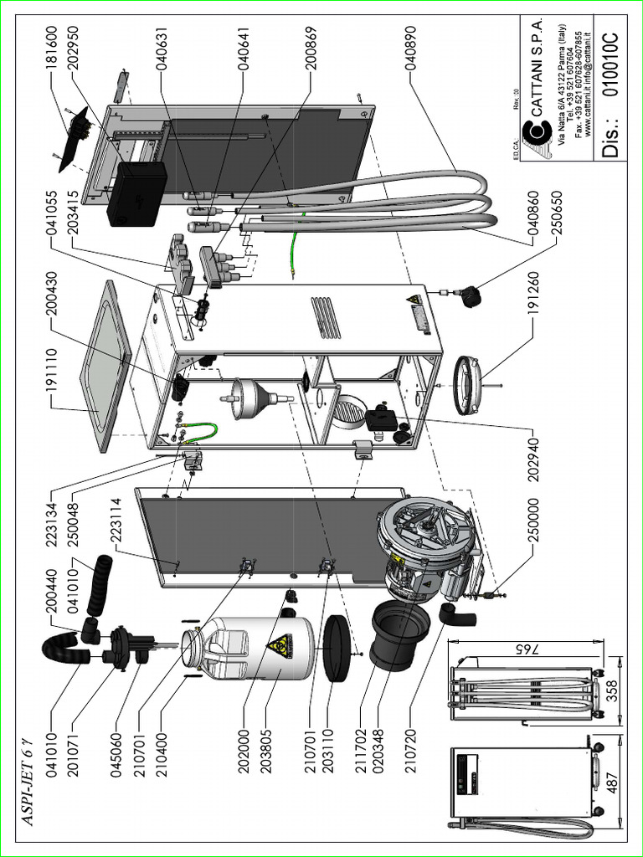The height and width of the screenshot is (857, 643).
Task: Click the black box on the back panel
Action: pos(136,194)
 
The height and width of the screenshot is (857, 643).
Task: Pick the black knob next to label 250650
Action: pos(473,295)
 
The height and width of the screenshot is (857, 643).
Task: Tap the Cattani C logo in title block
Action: pos(532,133)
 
